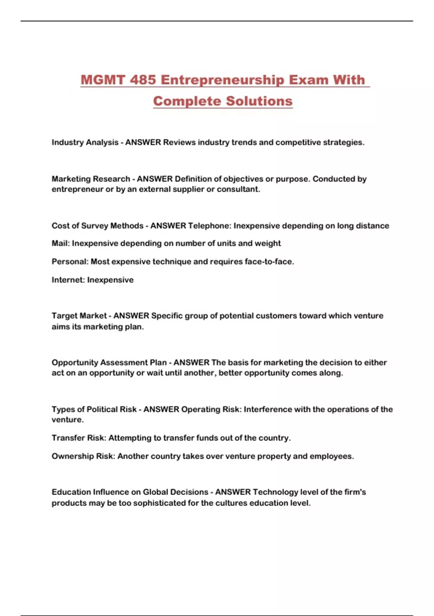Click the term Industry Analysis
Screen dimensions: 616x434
click(x=85, y=142)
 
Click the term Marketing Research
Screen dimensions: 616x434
click(x=91, y=179)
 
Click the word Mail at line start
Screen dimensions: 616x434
click(x=60, y=244)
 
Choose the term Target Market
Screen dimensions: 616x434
click(x=79, y=316)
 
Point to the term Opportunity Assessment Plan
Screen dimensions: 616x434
click(x=109, y=363)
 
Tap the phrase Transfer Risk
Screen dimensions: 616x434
click(x=78, y=438)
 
